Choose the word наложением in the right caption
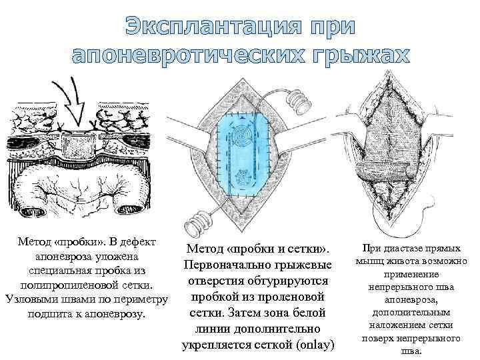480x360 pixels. click(400, 325)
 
